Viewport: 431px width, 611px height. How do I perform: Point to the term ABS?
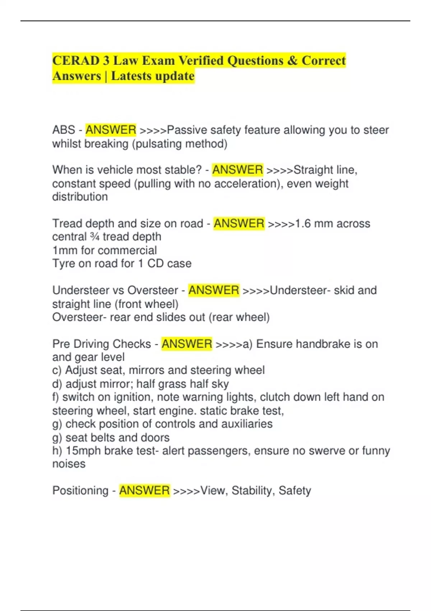click(64, 130)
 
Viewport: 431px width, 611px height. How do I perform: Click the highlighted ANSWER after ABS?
click(111, 130)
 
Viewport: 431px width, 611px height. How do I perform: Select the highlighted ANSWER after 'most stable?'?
click(237, 170)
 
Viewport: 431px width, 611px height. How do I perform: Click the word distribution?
click(80, 197)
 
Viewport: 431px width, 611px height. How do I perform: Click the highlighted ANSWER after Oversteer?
click(214, 290)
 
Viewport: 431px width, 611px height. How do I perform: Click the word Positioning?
click(80, 491)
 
